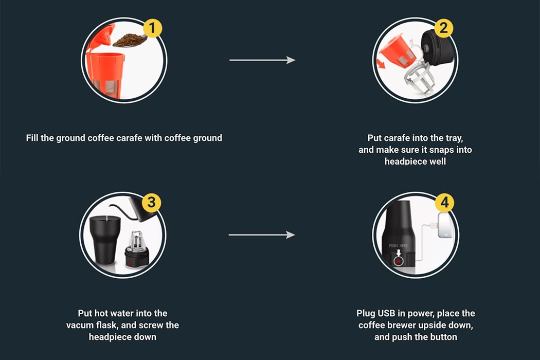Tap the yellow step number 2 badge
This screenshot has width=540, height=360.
(444, 28)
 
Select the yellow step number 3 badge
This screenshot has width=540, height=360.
(151, 203)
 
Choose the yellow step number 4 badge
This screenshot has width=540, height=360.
(444, 203)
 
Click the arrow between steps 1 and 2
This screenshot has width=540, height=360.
(262, 60)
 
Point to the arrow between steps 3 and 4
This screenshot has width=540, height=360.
(262, 235)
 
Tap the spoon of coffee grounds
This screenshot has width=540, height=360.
(129, 40)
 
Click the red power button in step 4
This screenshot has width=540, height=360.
(398, 262)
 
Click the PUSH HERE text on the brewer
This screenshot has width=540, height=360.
(398, 246)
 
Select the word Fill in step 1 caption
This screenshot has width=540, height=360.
(33, 138)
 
